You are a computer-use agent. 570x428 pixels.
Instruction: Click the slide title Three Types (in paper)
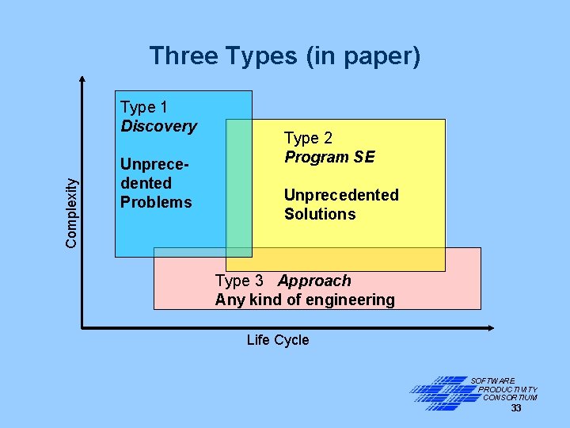[x=285, y=56]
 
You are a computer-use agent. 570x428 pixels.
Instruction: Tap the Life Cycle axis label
[x=278, y=340]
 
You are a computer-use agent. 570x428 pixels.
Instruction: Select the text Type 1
[x=144, y=107]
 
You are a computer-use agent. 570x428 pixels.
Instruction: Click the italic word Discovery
[x=158, y=126]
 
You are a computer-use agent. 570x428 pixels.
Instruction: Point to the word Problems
[x=156, y=202]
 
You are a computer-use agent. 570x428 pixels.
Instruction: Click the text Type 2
[x=309, y=138]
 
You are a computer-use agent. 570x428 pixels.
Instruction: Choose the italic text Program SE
[x=329, y=157]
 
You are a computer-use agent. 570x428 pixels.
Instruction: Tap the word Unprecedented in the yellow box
[x=341, y=195]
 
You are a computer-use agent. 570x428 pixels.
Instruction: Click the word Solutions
[x=320, y=214]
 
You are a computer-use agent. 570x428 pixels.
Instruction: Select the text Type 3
[x=239, y=281]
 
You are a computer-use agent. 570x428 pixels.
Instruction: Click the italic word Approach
[x=314, y=281]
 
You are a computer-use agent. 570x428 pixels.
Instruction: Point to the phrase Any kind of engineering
[x=305, y=300]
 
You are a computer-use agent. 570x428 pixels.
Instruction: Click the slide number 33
[x=516, y=408]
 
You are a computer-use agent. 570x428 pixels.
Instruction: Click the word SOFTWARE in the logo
[x=493, y=381]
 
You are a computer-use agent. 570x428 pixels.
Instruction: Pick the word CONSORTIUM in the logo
[x=510, y=398]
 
